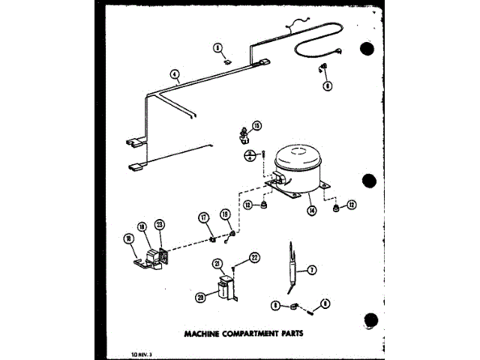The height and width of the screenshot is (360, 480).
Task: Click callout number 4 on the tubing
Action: [x=174, y=74]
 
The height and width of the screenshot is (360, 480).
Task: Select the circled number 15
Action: [x=256, y=125]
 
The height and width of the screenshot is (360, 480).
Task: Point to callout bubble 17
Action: [x=202, y=218]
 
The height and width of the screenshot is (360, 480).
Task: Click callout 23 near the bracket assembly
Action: [x=159, y=224]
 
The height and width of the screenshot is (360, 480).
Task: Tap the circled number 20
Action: [x=201, y=297]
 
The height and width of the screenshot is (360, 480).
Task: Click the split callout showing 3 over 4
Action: [x=248, y=155]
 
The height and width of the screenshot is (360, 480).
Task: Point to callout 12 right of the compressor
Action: [x=351, y=205]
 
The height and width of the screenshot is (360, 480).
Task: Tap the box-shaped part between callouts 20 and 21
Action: [x=223, y=289]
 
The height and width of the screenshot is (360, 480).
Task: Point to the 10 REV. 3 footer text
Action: [x=120, y=352]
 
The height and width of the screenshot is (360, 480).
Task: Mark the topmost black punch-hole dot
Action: [x=367, y=50]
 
